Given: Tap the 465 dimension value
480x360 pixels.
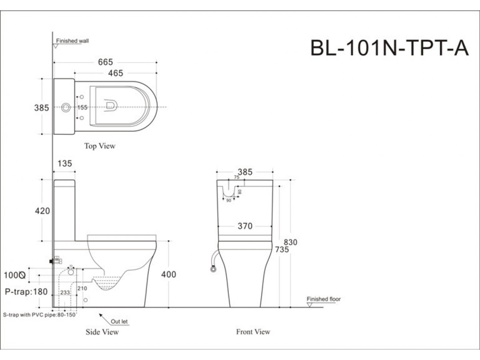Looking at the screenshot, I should click(115, 73).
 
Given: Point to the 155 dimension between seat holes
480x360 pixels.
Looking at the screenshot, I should click(82, 107).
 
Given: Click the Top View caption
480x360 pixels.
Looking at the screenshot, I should click(100, 146).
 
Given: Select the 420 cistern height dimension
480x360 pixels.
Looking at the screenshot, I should click(43, 210).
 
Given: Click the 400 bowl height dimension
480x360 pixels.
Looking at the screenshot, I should click(168, 274).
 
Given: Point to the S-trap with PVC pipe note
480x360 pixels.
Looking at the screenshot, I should click(39, 315).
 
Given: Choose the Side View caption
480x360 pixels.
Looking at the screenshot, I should click(102, 332).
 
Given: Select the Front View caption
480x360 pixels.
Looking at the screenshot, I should click(253, 332).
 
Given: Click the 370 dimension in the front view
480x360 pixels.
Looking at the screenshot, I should click(245, 226).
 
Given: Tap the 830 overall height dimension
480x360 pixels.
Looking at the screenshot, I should click(291, 242).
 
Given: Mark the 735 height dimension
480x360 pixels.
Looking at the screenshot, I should click(282, 250).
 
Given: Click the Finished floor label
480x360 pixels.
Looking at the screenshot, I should click(324, 299).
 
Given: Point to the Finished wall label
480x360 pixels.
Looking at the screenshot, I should click(72, 41).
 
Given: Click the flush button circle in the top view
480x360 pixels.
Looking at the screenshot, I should click(66, 107).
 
